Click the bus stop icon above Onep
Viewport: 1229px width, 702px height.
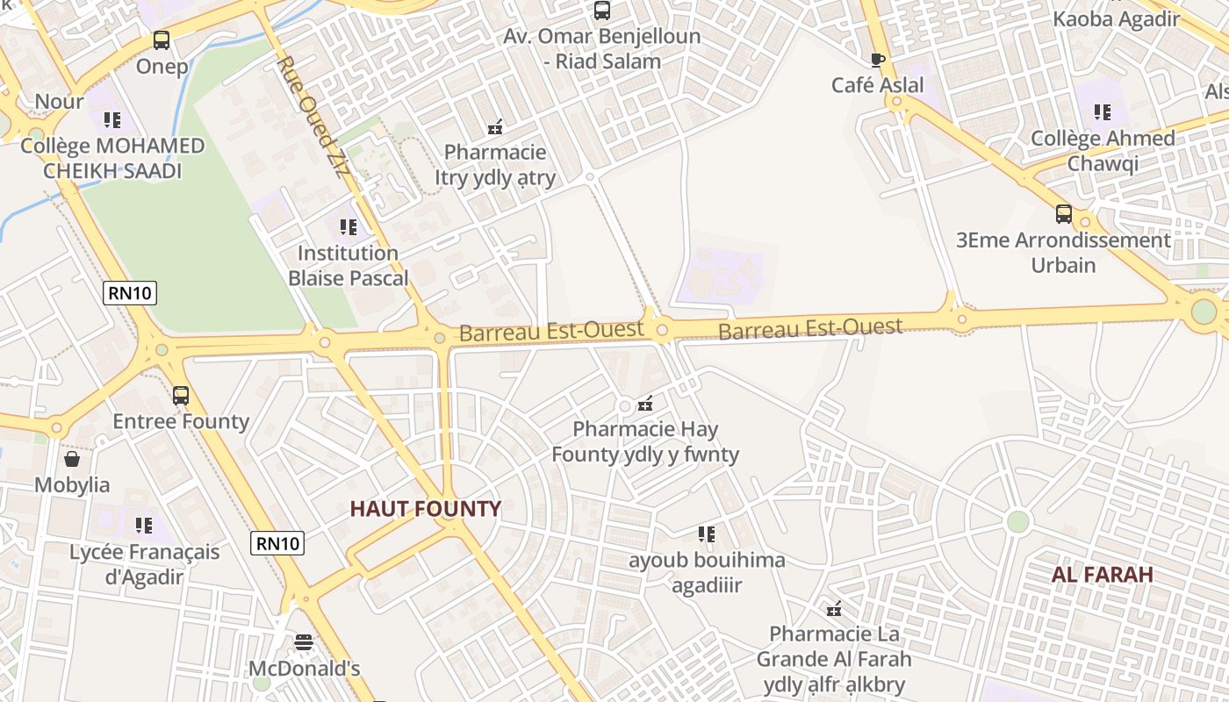162,39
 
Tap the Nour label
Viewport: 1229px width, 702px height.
59,101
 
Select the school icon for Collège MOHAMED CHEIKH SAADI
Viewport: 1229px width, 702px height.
111,119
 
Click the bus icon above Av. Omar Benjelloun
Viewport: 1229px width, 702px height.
601,11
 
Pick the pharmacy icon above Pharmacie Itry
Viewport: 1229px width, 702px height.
495,127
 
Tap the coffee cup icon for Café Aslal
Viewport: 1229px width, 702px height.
877,60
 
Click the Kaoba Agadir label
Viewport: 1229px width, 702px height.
1116,18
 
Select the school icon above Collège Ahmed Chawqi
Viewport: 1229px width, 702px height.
1103,112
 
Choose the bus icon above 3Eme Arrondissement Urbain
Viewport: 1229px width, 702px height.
1063,213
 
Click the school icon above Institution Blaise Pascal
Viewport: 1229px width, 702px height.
349,227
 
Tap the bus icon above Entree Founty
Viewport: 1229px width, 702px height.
181,395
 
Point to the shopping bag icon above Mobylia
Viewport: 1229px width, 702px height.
72,459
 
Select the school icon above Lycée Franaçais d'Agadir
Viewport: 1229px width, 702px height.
144,526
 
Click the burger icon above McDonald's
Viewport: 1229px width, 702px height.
304,642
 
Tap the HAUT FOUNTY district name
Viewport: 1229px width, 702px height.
425,509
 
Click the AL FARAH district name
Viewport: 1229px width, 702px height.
1103,575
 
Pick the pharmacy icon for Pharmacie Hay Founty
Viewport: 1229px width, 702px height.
645,404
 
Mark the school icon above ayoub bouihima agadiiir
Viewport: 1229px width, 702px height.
707,534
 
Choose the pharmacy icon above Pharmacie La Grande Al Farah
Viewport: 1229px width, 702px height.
834,608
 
